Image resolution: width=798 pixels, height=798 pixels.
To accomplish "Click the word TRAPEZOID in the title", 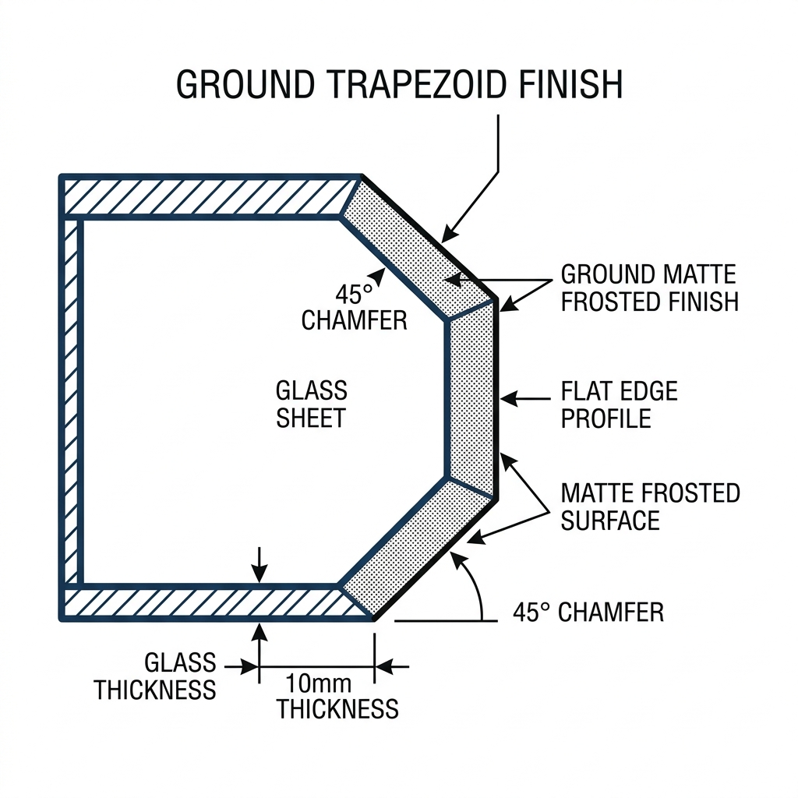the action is point(415,84).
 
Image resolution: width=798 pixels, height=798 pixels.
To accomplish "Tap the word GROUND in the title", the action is point(245,84).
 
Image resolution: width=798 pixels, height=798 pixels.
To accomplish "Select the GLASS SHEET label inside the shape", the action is point(312,404).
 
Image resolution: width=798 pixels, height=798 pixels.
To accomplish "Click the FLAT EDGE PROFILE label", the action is point(619,405).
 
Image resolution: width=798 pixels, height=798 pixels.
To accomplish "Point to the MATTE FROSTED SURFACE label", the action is point(651,507).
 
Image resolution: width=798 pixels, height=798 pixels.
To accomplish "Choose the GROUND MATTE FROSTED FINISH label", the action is point(650,288).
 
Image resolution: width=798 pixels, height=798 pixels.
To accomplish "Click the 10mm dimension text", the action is point(318,683).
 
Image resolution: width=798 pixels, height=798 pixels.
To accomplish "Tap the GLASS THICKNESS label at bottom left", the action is point(155,676).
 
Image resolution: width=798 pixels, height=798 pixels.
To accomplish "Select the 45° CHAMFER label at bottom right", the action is point(588,613).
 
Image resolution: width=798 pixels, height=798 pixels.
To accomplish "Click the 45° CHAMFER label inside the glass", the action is point(355,307).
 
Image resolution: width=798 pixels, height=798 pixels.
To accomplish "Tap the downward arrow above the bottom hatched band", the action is point(260,565).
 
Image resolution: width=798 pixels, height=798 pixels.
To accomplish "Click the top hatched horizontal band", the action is point(209,197).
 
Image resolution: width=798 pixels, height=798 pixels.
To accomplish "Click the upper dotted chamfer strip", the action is point(418,249).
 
